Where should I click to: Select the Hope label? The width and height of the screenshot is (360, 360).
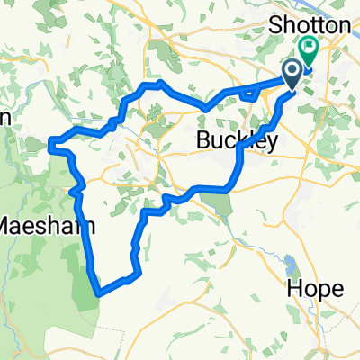click(x=315, y=288)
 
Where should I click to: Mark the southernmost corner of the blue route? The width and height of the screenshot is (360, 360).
click(x=98, y=292)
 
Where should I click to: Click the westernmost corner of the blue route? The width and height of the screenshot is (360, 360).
click(x=50, y=142)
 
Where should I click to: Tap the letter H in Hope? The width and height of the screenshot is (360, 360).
click(x=293, y=288)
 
